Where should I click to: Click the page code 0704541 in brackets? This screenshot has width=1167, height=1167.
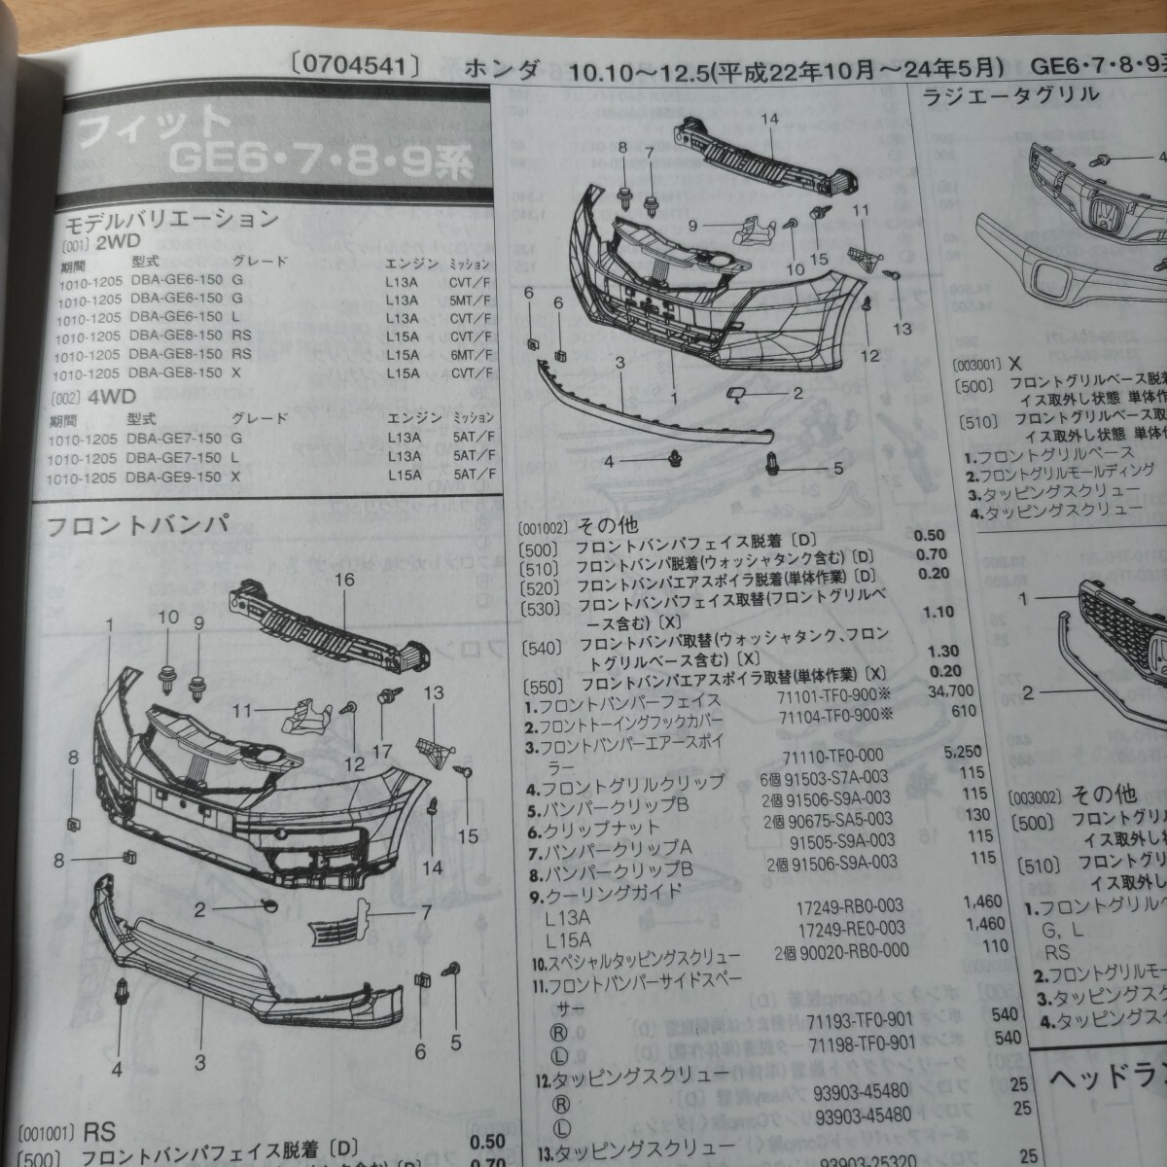coord(354,67)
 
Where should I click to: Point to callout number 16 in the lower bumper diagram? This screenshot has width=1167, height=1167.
coord(344,581)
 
